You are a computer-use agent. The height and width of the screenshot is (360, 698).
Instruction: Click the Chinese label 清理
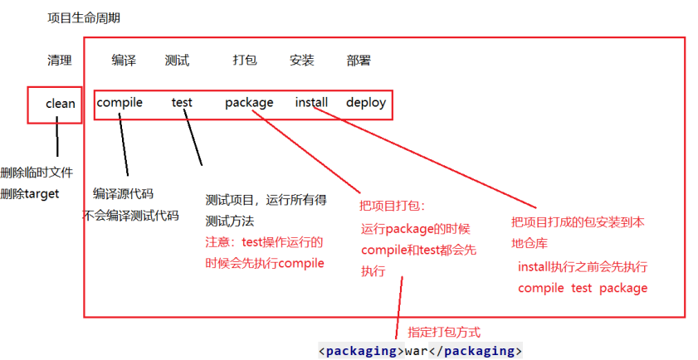60,61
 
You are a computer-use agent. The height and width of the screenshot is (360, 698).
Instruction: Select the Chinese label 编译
124,61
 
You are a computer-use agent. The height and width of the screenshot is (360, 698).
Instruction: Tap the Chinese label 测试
177,61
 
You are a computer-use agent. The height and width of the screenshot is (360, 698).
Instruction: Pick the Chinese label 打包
245,61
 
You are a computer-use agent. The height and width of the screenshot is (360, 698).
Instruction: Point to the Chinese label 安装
301,61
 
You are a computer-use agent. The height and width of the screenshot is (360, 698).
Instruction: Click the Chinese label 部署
359,61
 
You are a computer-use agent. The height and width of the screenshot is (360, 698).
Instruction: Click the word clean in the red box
61,104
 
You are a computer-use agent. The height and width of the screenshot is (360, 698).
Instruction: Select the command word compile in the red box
120,103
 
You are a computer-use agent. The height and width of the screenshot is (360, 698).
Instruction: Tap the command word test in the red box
182,103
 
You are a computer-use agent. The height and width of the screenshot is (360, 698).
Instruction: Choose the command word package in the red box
249,103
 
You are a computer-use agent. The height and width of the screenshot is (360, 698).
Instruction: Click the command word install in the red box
311,103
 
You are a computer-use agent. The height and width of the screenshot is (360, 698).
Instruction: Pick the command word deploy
366,103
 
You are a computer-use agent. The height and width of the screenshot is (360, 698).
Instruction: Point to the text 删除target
30,194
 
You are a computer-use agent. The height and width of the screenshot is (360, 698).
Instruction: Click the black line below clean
57,137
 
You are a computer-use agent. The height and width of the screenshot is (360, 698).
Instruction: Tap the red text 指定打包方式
444,331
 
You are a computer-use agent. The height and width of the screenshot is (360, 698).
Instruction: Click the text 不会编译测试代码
131,216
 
